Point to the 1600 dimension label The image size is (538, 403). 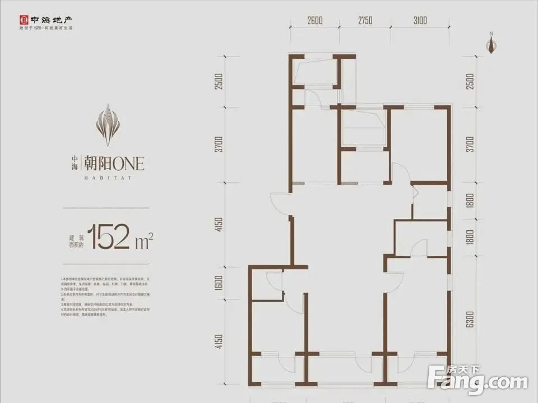pos(220,284)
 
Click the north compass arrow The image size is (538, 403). pos(491,47)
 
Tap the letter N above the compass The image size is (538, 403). pos(491,35)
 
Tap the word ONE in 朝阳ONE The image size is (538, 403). pos(129,163)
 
